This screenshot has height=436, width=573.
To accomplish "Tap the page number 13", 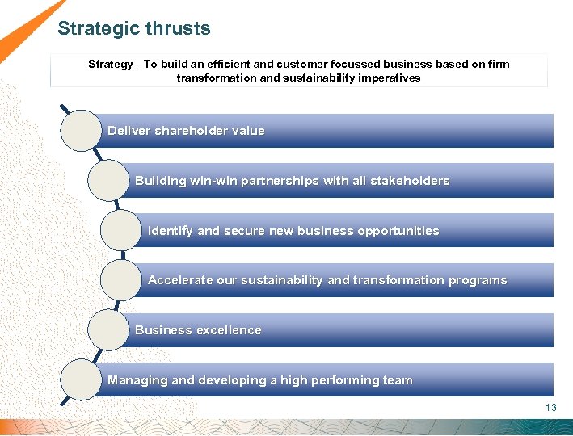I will coord(551,408).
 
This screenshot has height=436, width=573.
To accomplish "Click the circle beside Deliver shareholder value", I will coord(81,131).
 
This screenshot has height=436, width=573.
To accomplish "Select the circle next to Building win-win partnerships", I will coord(107,181).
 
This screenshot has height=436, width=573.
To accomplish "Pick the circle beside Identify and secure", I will coord(120,231).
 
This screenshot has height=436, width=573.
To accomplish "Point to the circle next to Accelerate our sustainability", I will coord(120,281).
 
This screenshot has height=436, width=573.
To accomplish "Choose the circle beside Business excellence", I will coord(107,330).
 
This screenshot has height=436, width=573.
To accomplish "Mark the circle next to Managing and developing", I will coord(81,380).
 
